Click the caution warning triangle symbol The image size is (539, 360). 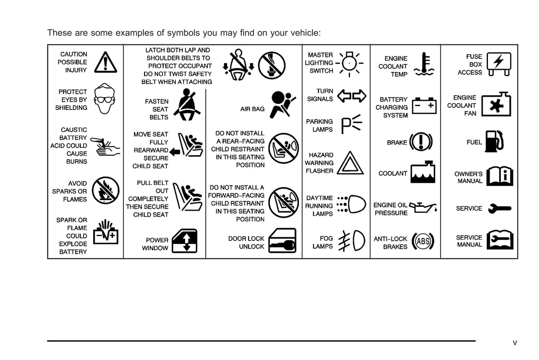click(106, 62)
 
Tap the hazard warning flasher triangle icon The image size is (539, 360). click(350, 163)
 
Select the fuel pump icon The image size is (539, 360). click(494, 141)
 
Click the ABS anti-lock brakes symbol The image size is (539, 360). click(423, 241)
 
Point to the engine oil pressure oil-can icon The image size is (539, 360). click(423, 207)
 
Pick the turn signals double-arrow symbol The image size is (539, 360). click(351, 96)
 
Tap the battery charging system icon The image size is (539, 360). click(424, 105)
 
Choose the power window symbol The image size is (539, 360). click(185, 241)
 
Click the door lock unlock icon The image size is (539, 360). click(282, 241)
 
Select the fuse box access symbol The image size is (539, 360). click(499, 64)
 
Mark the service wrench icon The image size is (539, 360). click(499, 209)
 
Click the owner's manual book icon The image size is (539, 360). click(500, 176)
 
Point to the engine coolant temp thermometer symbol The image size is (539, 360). click(424, 65)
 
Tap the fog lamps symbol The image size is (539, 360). click(351, 241)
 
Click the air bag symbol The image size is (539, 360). click(282, 104)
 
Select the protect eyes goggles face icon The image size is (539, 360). click(104, 98)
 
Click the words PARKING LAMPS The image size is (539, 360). click(319, 125)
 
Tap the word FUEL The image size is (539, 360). click(474, 142)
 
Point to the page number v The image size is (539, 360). click(515, 343)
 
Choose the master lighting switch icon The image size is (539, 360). click(350, 64)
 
